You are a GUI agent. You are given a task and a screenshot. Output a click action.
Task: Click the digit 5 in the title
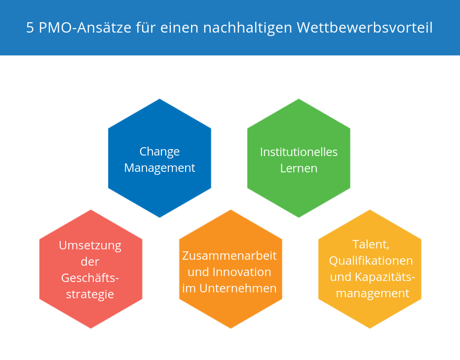30,28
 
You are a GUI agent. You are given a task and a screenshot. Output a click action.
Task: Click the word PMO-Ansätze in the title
85,28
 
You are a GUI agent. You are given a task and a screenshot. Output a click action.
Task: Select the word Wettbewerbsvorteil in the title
365,28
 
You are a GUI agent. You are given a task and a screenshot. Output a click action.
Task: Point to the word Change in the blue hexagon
159,152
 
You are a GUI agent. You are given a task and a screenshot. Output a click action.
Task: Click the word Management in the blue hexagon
159,168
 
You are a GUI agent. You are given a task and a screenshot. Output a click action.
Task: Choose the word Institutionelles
299,152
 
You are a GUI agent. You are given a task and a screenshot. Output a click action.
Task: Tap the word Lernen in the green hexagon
299,168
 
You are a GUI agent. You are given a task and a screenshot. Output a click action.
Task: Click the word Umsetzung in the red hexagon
90,246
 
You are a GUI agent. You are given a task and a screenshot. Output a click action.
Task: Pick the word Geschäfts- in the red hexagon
90,278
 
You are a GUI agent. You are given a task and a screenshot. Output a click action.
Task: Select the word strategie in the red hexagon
90,294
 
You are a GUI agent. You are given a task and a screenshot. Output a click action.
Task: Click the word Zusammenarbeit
230,256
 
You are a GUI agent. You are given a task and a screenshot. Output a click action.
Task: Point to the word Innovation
242,272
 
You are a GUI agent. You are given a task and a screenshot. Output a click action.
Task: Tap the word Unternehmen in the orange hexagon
238,288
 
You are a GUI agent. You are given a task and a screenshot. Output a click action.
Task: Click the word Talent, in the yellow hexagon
371,244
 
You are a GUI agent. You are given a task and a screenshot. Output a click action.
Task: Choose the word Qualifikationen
371,261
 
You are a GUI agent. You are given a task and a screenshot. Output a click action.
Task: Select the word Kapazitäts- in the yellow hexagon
385,277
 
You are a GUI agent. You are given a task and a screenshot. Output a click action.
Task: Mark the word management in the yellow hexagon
373,293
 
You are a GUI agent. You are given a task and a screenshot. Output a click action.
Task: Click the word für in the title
146,28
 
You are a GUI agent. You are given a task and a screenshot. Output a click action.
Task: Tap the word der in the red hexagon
90,262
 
